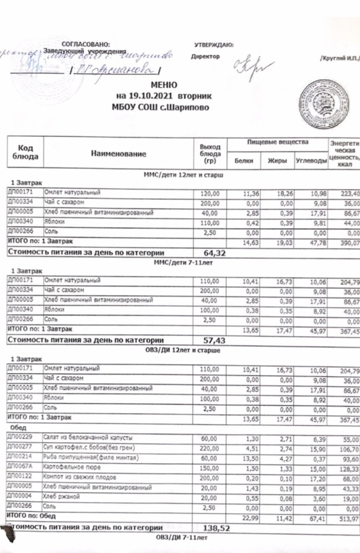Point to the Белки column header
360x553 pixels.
point(244,161)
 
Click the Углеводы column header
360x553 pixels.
point(310,161)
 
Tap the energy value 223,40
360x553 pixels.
point(347,193)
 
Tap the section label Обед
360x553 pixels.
point(18,427)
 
